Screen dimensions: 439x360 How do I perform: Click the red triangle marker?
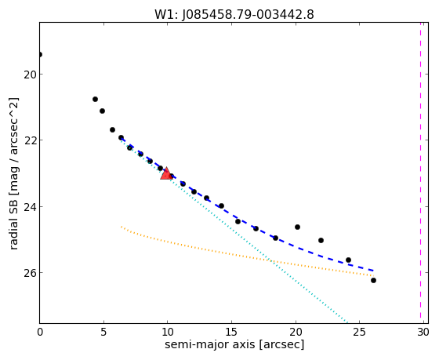coord(166,173)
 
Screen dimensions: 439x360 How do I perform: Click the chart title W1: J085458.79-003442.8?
coord(234,15)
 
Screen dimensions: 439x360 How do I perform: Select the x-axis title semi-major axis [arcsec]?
coord(234,344)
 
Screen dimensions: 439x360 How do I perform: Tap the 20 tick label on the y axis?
coord(30,75)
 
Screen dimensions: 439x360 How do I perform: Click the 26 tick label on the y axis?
coord(30,273)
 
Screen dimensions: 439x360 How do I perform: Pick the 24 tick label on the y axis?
coord(30,207)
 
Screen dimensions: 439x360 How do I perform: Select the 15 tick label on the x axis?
coord(231,333)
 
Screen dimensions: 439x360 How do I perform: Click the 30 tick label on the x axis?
coord(423,333)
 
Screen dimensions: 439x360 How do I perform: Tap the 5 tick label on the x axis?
coord(103,333)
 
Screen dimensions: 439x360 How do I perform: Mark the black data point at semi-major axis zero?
coord(40,54)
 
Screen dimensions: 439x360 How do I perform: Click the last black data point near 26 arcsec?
coord(373,280)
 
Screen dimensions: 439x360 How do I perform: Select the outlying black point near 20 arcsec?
coord(297,227)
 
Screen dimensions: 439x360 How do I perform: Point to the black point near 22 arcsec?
coord(321,240)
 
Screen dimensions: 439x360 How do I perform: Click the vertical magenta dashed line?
coord(420,170)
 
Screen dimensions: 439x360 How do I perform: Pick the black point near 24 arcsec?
coord(348,260)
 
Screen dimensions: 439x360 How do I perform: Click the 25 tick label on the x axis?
coord(359,333)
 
